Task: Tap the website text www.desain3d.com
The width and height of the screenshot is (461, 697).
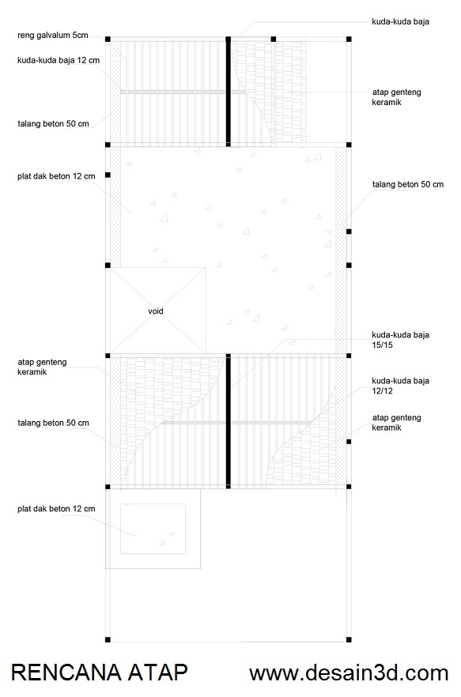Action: click(x=349, y=673)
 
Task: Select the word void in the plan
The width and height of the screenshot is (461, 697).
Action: click(x=156, y=311)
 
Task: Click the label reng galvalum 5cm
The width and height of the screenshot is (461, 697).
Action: click(x=53, y=35)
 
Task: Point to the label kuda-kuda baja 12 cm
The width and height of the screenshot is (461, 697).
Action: click(x=59, y=60)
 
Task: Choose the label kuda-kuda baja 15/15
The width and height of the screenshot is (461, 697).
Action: click(x=400, y=340)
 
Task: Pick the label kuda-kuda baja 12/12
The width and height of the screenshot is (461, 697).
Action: click(x=400, y=386)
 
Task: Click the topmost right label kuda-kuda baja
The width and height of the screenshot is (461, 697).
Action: click(x=400, y=21)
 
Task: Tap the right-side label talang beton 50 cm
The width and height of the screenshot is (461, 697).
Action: click(x=408, y=184)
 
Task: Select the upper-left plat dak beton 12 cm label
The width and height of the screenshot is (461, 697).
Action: click(x=56, y=176)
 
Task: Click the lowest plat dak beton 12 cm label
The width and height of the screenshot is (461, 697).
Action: click(x=56, y=509)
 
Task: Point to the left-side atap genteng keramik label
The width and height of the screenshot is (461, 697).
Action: click(x=42, y=367)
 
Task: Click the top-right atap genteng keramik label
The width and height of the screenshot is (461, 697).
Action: click(x=396, y=97)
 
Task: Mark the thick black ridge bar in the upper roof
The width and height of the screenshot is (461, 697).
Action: click(x=229, y=92)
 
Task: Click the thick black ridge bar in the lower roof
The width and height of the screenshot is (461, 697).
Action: click(x=229, y=421)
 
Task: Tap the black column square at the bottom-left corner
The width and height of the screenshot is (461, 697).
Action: click(x=108, y=639)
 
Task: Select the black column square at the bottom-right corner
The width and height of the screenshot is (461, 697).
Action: click(x=349, y=639)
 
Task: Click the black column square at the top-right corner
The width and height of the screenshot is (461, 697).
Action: click(x=349, y=40)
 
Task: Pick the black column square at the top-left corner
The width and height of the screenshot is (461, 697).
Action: click(x=108, y=40)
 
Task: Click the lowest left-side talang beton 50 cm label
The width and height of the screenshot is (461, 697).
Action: click(x=54, y=424)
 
